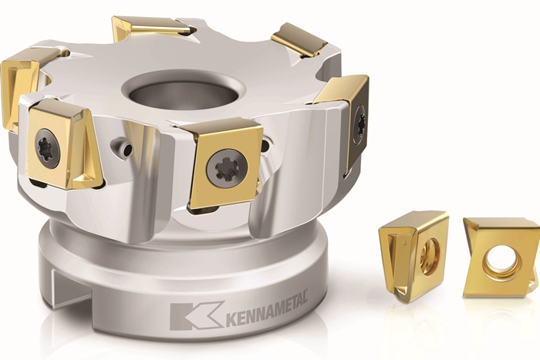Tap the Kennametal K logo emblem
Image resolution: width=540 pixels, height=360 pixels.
(197, 316)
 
